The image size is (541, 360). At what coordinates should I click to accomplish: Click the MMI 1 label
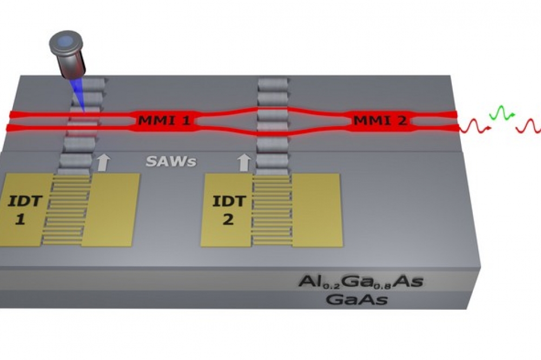164,121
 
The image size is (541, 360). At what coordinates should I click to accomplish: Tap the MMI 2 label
380,121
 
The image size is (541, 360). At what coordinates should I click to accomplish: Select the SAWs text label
171,162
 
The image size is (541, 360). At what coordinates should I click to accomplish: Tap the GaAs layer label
357,299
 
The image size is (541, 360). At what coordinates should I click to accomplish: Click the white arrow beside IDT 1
103,162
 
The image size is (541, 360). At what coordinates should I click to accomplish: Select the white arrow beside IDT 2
245,162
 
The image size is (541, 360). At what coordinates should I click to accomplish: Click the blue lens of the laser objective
67,41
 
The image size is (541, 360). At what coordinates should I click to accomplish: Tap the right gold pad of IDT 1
110,210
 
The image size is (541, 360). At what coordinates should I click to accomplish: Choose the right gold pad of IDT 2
318,210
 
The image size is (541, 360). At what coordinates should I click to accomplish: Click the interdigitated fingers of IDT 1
66,210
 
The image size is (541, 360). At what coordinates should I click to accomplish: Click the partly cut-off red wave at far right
529,125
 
